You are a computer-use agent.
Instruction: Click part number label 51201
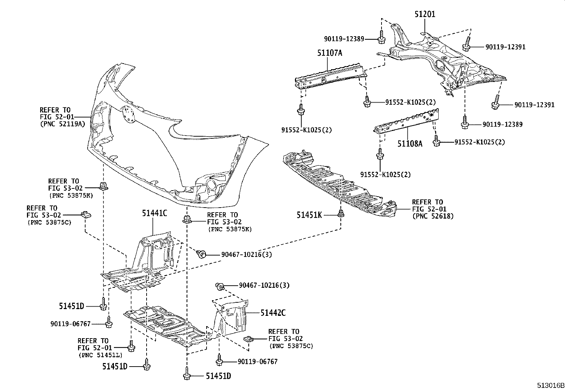tap(425, 14)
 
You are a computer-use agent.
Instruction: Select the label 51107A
tap(330, 53)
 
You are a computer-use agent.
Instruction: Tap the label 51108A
tap(410, 144)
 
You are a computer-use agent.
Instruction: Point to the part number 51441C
tap(154, 213)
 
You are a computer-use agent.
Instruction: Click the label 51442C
tap(273, 313)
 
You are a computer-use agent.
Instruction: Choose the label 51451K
tap(309, 215)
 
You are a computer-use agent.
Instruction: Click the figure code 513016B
tap(550, 385)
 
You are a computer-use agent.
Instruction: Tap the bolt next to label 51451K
tap(341, 214)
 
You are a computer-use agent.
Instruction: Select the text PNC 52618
tap(433, 216)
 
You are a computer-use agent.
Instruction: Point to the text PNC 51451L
tap(100, 355)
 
